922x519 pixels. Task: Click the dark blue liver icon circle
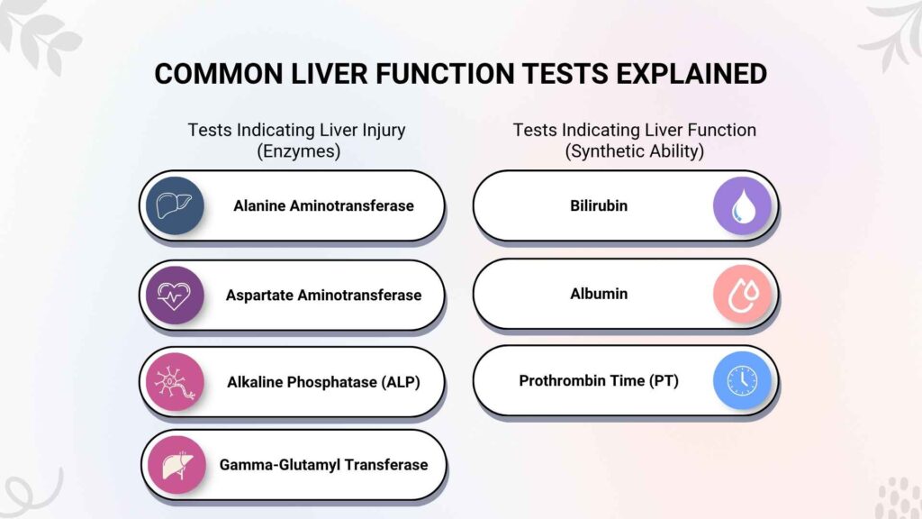click(175, 205)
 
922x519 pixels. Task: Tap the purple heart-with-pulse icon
click(175, 295)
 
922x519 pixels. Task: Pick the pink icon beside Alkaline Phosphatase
click(175, 382)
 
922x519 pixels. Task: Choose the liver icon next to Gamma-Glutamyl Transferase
click(176, 465)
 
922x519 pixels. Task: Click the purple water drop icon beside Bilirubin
click(742, 206)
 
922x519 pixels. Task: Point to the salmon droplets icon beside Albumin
click(742, 294)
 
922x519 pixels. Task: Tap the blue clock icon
click(742, 381)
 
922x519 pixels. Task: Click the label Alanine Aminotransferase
click(323, 206)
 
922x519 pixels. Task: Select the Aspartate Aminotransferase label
click(323, 295)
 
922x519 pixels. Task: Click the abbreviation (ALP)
click(401, 382)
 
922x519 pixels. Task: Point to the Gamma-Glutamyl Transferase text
click(323, 465)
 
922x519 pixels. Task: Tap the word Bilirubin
click(599, 206)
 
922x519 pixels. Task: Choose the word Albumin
click(599, 294)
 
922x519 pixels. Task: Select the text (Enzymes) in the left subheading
click(299, 151)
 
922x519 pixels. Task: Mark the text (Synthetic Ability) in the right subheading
click(635, 151)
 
